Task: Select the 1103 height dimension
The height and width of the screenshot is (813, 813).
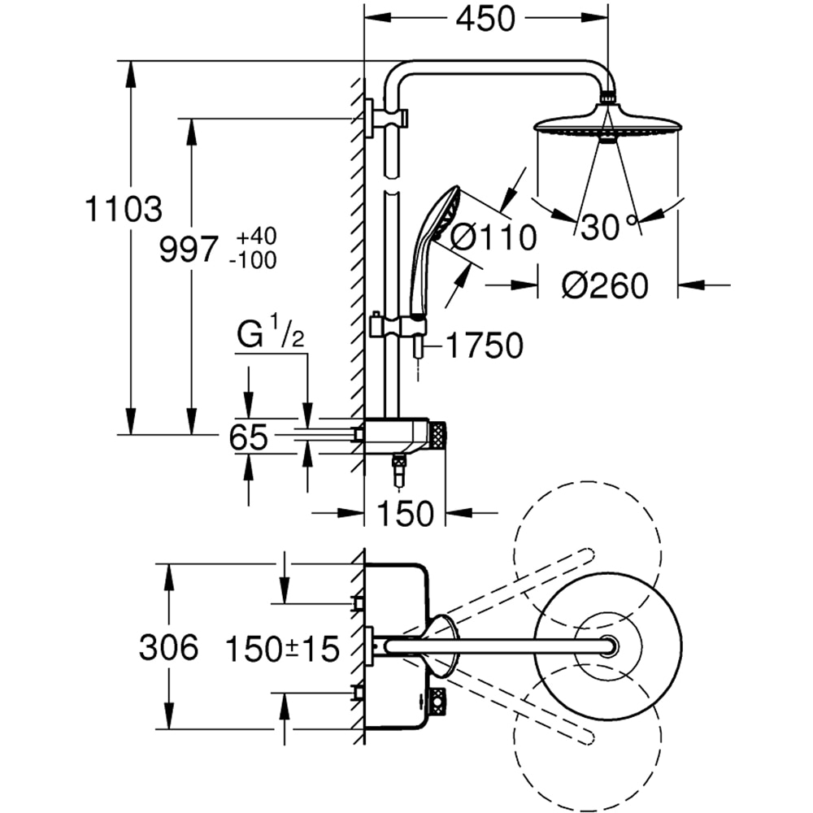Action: point(124,210)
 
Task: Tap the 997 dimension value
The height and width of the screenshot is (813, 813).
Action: point(189,249)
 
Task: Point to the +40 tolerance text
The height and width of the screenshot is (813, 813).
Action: point(257,237)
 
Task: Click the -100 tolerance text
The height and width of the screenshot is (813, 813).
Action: point(253,260)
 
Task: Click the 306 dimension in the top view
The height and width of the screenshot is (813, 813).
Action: point(168,648)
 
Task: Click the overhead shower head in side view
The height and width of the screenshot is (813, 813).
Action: point(606,126)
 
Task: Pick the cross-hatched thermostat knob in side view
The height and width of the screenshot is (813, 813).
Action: point(437,435)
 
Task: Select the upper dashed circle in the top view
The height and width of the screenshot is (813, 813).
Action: point(589,554)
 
